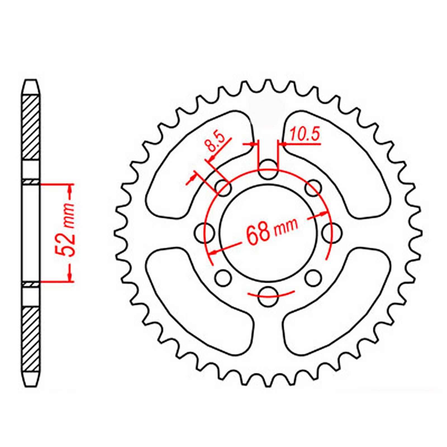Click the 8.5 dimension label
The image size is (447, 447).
point(215,143)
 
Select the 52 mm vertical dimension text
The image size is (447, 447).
point(67,234)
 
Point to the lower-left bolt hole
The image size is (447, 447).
point(223,278)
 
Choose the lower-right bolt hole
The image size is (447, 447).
point(313,278)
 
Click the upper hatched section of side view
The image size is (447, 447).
point(30,127)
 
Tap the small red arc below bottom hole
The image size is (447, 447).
point(271,294)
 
